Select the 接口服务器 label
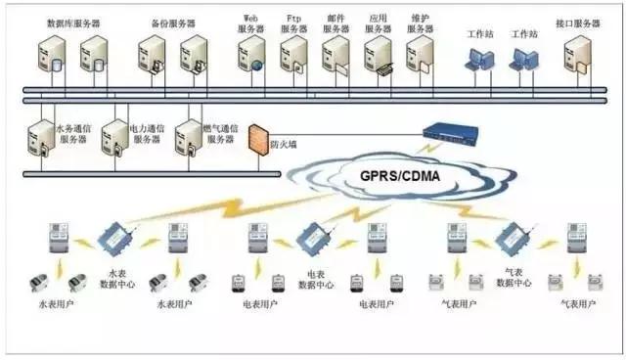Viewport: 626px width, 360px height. (577, 22)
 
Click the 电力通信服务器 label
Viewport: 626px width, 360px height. (147, 133)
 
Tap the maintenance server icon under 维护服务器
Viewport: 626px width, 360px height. (420, 55)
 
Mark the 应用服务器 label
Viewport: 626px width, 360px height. (379, 23)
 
